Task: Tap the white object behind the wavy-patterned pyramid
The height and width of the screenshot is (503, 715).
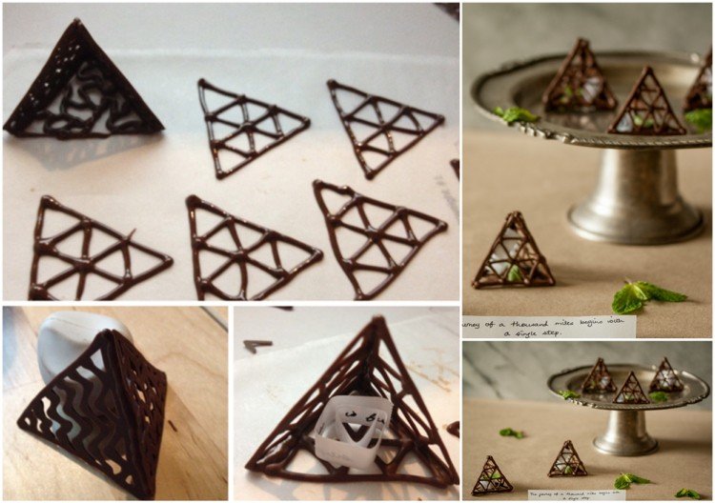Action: click(x=81, y=338)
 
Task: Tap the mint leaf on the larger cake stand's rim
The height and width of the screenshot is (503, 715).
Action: click(x=515, y=114)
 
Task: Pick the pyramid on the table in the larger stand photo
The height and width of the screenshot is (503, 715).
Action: click(x=515, y=252)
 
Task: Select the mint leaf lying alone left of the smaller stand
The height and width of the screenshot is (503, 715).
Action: click(x=512, y=433)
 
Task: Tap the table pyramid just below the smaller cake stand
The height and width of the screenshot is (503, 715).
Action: click(x=568, y=459)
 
